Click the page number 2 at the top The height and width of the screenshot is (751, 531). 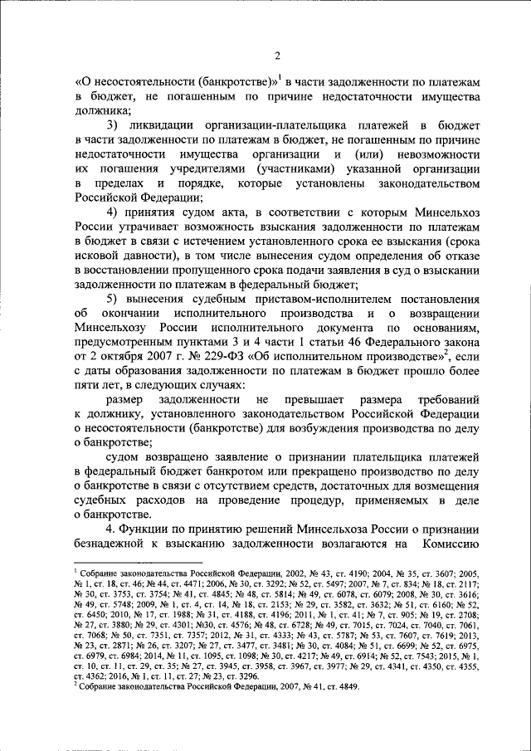pyautogui.click(x=278, y=56)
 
